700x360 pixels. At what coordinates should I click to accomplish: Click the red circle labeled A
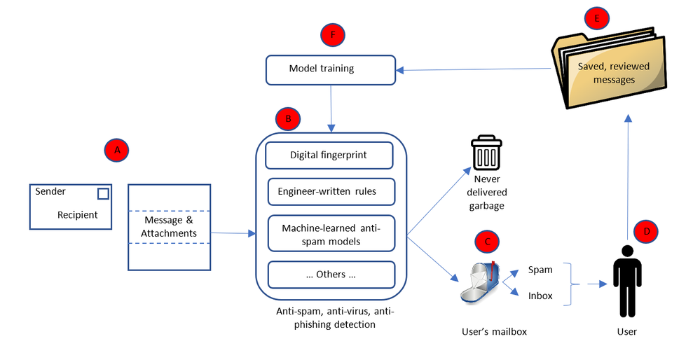tap(118, 149)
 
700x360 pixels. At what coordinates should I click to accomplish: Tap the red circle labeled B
tap(288, 118)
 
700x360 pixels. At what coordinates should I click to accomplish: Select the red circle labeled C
tap(487, 242)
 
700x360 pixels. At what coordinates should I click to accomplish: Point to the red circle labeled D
tap(646, 230)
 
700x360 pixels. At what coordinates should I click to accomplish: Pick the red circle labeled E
tap(597, 19)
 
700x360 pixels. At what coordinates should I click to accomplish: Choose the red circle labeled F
tap(334, 34)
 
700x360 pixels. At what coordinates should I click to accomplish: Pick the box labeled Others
tap(331, 275)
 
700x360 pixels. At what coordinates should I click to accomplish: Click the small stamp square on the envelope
tap(103, 193)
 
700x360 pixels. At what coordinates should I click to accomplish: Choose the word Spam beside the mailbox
tap(540, 270)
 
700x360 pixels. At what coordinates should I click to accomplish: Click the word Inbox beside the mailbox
tap(540, 296)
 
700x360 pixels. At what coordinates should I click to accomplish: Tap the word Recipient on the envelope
tap(78, 215)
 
